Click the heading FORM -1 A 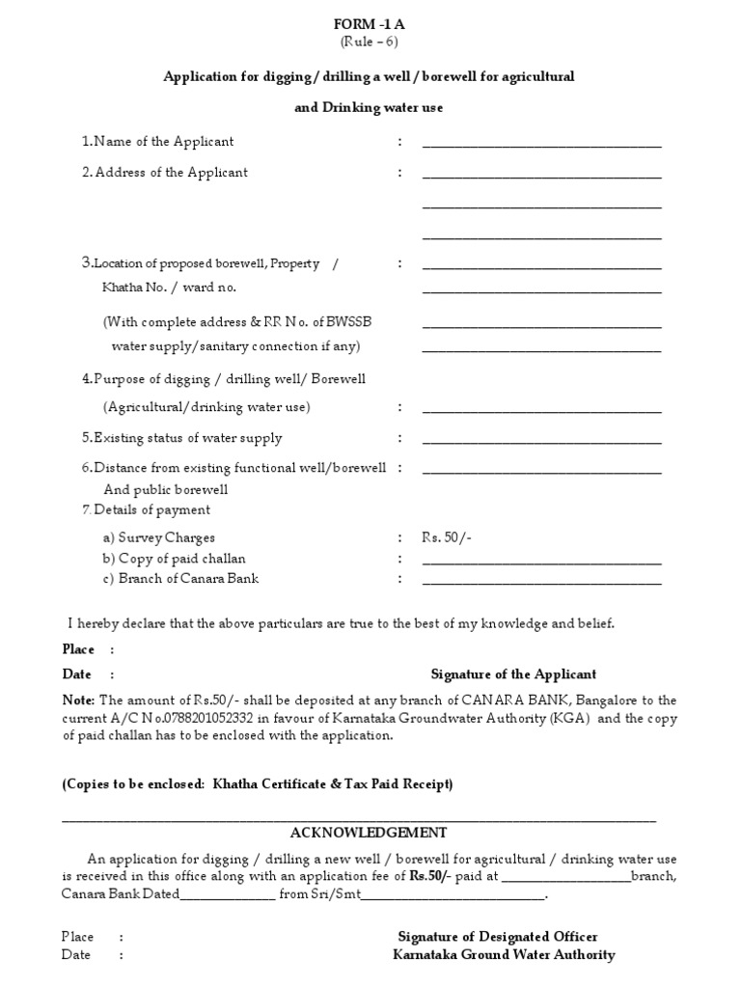click(369, 23)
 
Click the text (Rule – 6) click(369, 41)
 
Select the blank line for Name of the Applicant click(541, 146)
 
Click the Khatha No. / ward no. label click(169, 288)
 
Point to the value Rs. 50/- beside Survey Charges click(447, 537)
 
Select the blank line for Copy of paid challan click(541, 563)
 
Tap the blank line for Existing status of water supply click(541, 442)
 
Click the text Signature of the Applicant click(513, 674)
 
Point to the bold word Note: click(79, 700)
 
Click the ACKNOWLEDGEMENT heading click(369, 833)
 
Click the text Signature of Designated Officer click(498, 937)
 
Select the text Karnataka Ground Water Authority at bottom click(504, 955)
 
